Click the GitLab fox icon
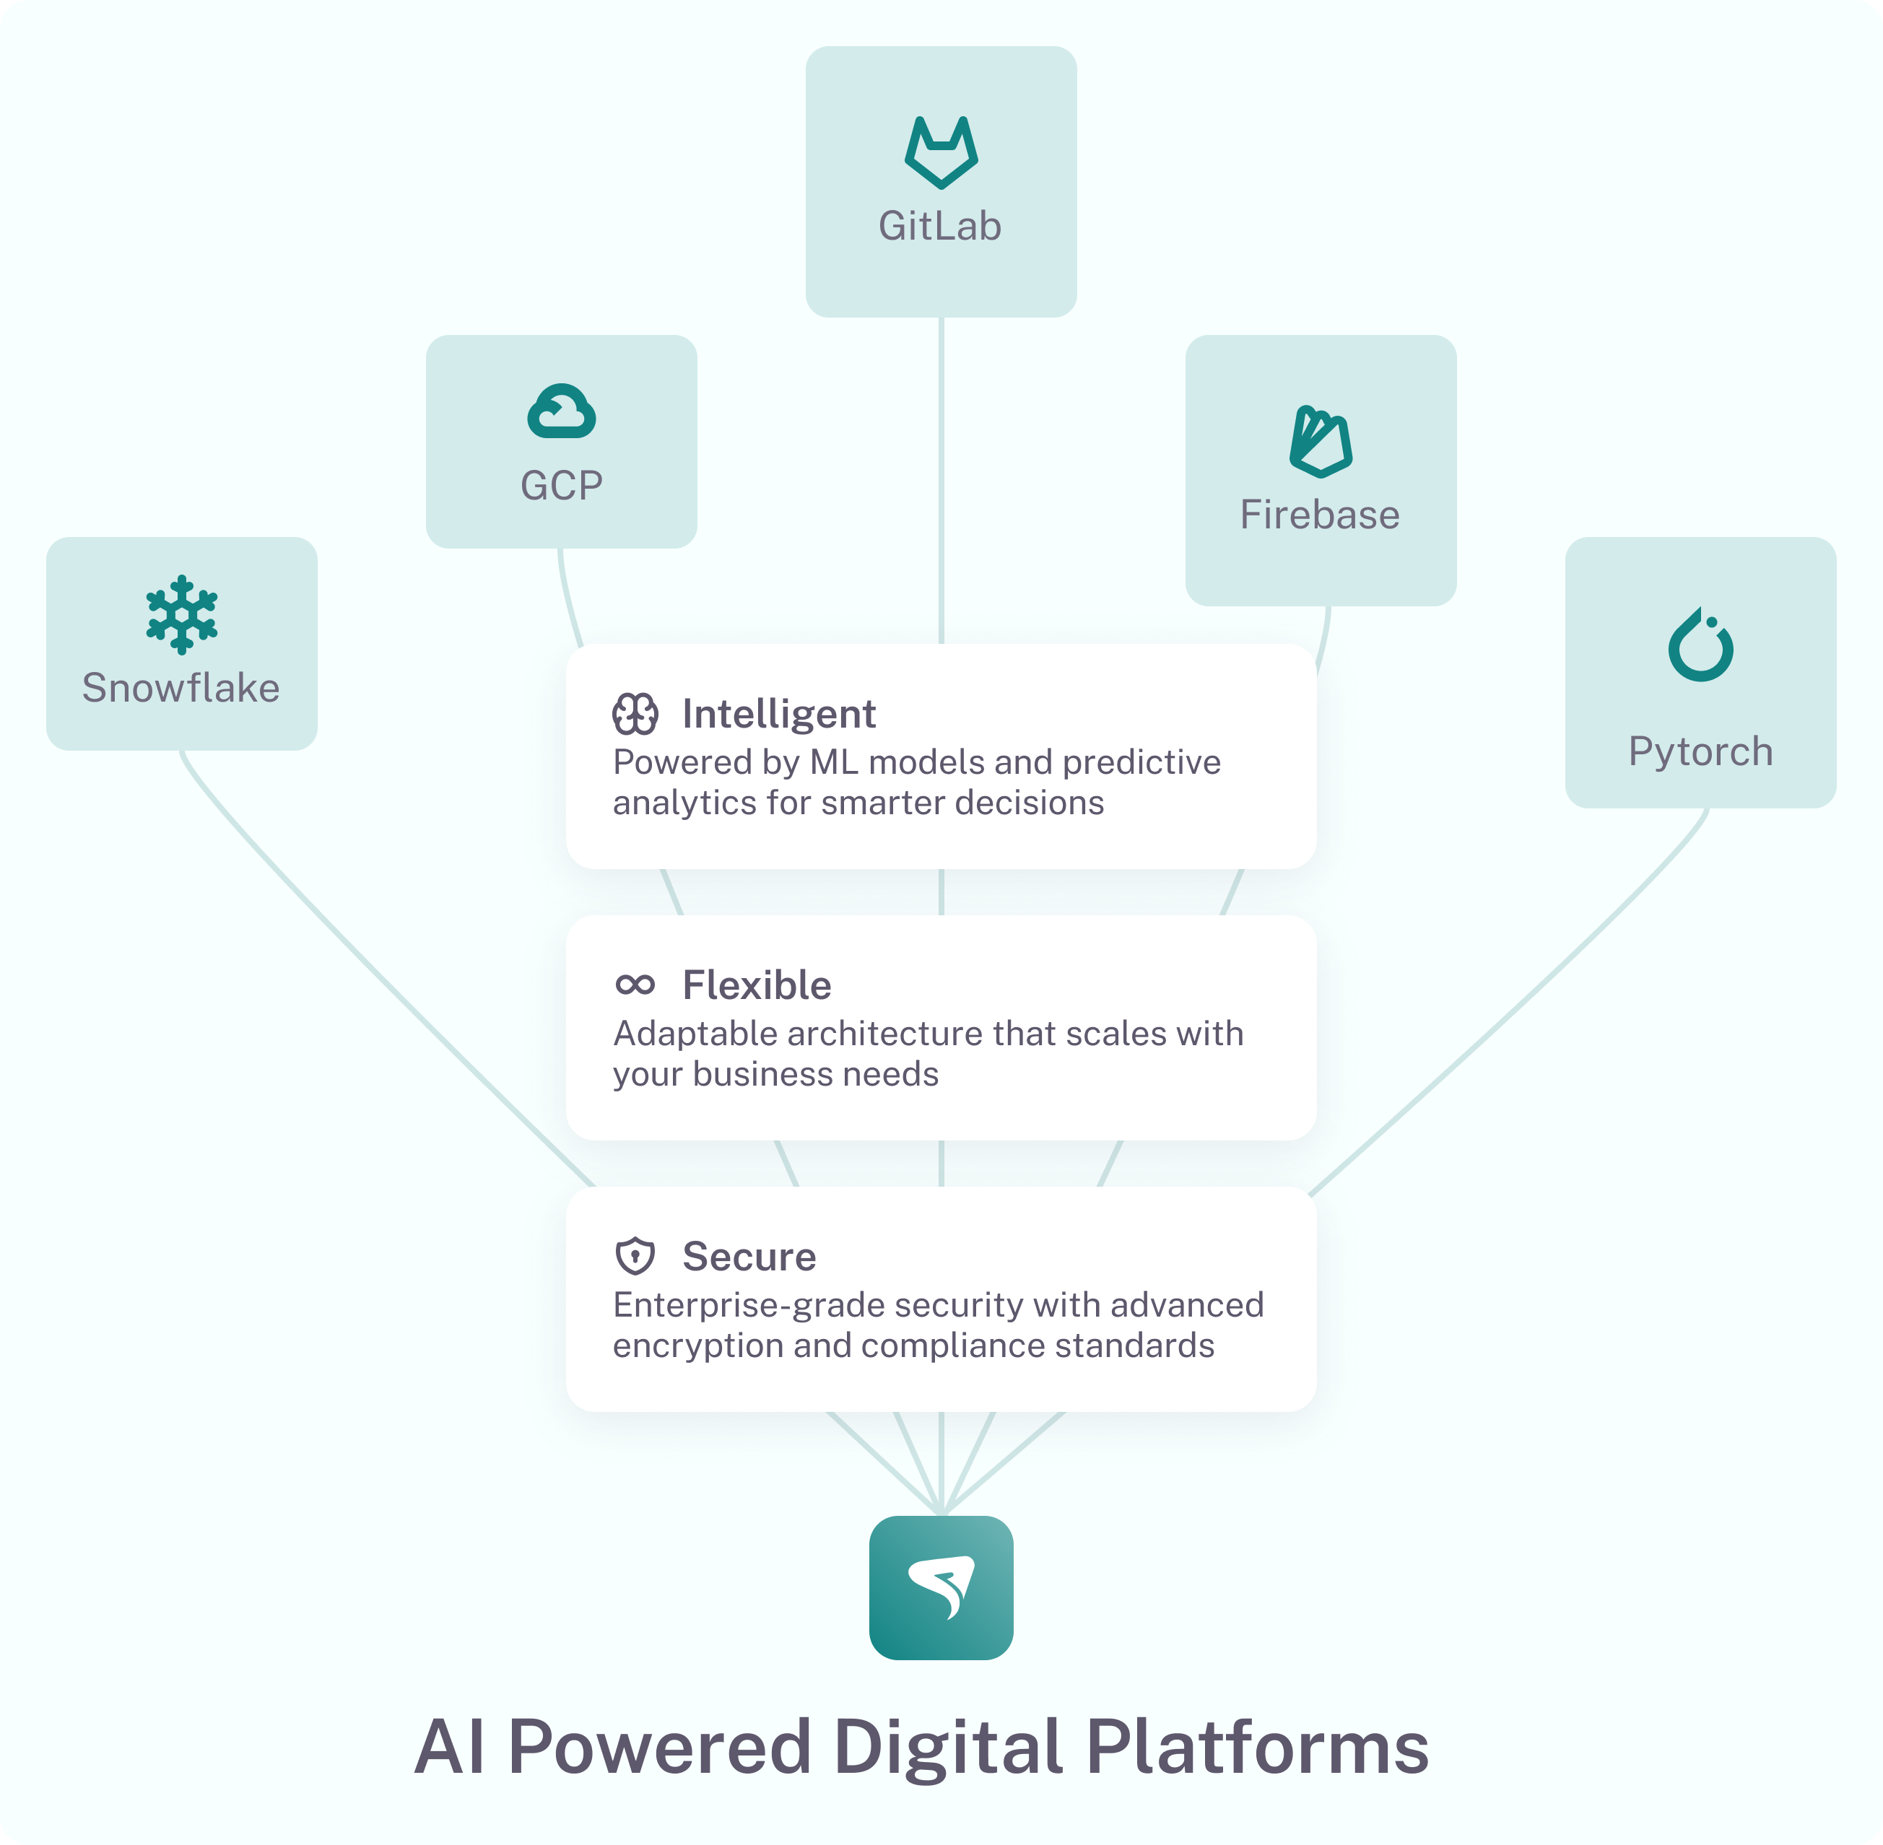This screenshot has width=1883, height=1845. [x=940, y=152]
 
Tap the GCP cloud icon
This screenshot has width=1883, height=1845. [x=561, y=412]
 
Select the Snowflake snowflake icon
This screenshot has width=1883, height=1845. [x=181, y=614]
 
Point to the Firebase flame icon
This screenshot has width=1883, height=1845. [x=1320, y=442]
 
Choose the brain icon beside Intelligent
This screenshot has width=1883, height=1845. [x=635, y=714]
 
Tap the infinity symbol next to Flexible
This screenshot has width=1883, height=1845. [x=635, y=985]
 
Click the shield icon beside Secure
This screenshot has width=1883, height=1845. [x=635, y=1256]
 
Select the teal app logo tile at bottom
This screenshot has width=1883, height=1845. [x=940, y=1587]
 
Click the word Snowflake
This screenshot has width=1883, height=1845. [x=181, y=688]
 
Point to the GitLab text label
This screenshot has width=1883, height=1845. [x=940, y=226]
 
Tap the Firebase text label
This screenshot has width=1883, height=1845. [x=1320, y=515]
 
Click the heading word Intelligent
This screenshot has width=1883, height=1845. [x=778, y=714]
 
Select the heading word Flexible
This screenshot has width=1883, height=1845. [x=757, y=985]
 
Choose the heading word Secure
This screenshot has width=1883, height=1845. [x=749, y=1256]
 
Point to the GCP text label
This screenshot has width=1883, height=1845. [x=561, y=486]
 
